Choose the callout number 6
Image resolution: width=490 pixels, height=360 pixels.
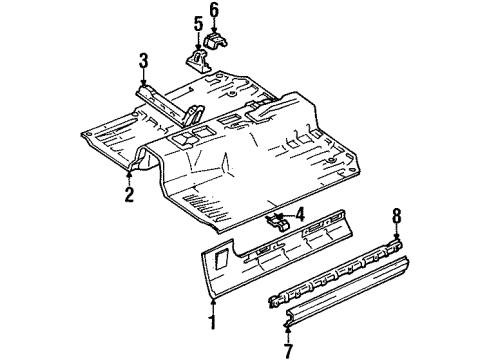coord(214,10)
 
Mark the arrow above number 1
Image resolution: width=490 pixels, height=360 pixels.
coord(212,304)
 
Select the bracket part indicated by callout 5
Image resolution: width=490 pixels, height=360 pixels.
coord(196,56)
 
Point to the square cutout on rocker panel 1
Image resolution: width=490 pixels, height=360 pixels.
coord(219,262)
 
